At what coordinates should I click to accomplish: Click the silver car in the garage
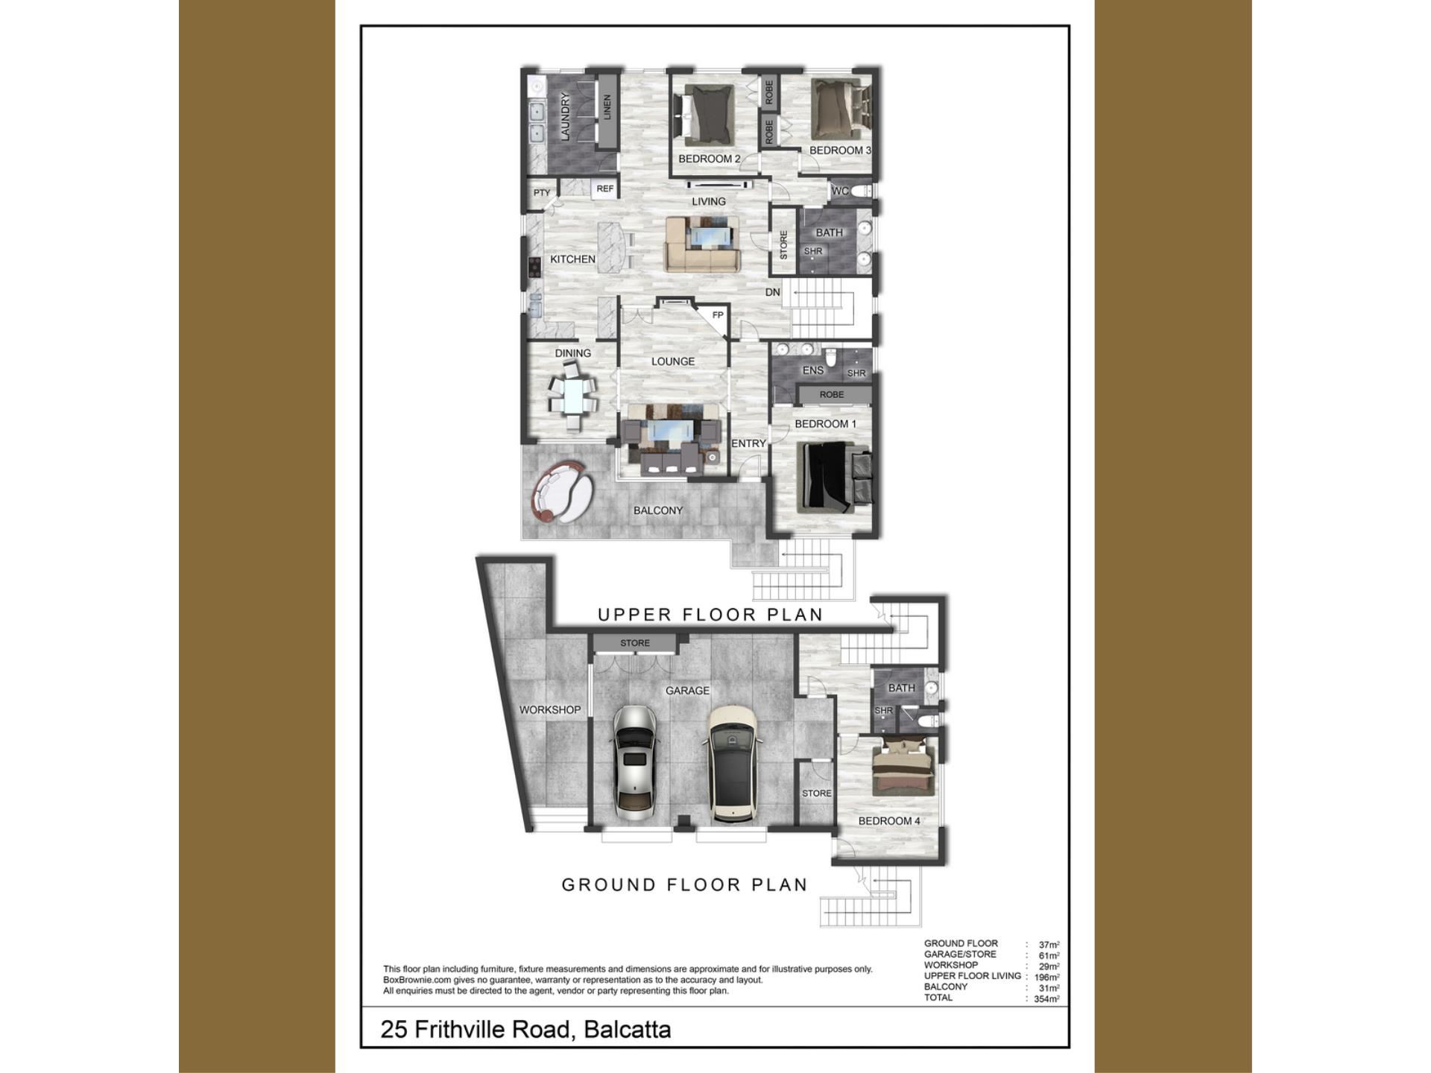(635, 763)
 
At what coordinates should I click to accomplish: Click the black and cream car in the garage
(733, 765)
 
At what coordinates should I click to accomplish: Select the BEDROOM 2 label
(709, 159)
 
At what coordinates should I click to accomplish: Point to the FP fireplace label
(718, 315)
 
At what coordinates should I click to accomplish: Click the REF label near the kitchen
(605, 189)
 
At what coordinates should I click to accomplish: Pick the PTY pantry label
(542, 193)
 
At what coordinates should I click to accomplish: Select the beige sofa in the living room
(702, 244)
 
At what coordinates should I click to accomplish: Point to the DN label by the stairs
(773, 292)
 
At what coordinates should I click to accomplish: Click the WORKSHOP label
(550, 710)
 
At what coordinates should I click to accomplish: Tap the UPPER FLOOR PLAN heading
(710, 615)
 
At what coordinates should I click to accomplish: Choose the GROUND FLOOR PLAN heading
(684, 884)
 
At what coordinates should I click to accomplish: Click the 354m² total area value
(1046, 999)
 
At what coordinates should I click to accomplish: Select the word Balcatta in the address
(628, 1029)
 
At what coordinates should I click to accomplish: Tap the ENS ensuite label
(813, 370)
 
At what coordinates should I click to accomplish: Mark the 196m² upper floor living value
(1047, 978)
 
